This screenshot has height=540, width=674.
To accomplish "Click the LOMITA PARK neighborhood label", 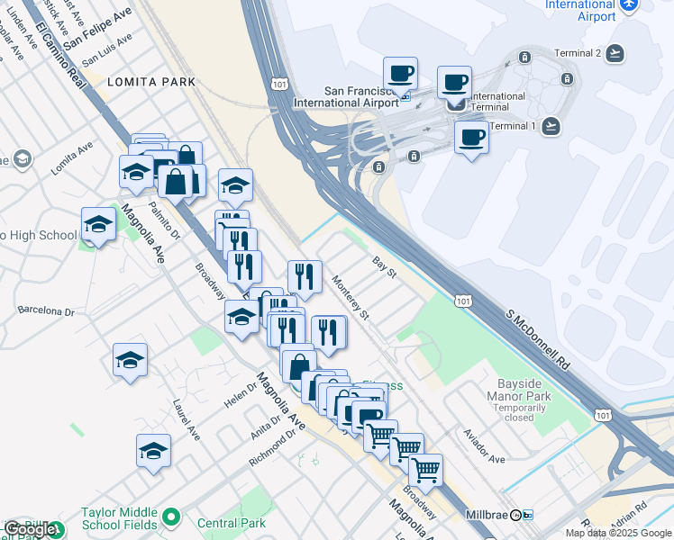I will (139, 82).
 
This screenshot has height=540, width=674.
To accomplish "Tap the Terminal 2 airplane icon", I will (616, 53).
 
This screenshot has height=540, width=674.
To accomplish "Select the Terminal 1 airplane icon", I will (551, 125).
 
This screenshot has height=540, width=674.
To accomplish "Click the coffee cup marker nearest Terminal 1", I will (471, 139).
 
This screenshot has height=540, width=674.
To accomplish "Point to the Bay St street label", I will (385, 265).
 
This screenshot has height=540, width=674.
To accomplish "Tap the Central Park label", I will (232, 523).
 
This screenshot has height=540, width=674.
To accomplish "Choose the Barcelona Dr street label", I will (45, 311).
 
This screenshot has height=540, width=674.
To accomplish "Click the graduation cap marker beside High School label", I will (98, 226).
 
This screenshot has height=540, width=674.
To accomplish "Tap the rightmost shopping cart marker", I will (425, 469).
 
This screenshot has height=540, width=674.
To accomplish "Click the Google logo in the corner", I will (31, 529).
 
